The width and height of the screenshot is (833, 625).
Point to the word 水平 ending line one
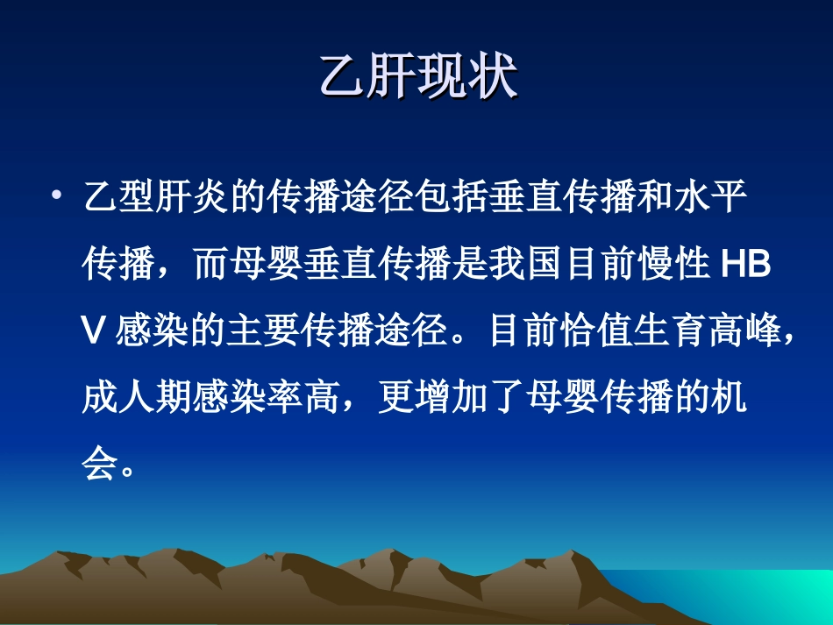click(x=709, y=197)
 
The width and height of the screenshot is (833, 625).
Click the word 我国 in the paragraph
click(x=525, y=265)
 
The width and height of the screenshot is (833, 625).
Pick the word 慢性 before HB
click(x=673, y=265)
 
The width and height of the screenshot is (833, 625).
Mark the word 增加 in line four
click(x=452, y=400)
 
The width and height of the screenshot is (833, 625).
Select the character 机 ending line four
click(x=728, y=400)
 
